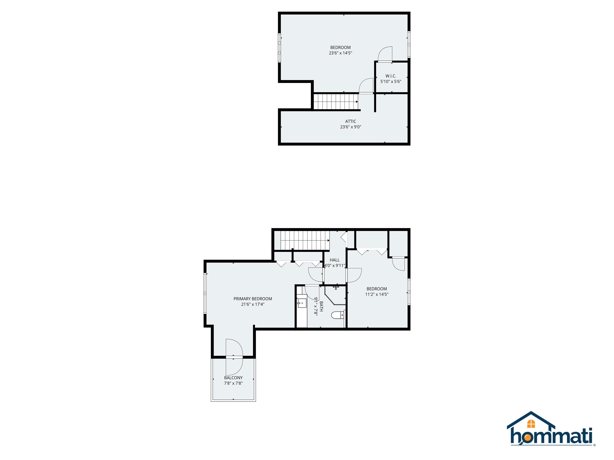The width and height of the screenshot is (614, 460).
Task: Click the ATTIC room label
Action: point(351,121)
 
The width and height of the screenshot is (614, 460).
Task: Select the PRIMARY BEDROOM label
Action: point(253,299)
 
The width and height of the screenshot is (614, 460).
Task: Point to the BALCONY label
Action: point(233,378)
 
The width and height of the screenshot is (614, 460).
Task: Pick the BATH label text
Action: point(321,306)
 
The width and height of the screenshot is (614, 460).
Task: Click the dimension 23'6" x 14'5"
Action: point(340,53)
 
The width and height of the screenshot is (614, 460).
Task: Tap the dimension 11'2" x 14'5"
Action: point(377,294)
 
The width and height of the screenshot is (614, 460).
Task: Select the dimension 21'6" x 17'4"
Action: point(253,304)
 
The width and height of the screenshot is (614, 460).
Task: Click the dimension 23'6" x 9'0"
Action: point(351,127)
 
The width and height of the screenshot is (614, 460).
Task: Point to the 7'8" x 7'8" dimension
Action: point(233,383)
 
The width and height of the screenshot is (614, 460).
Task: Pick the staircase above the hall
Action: point(305,240)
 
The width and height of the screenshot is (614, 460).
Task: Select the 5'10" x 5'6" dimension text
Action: point(391,81)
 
